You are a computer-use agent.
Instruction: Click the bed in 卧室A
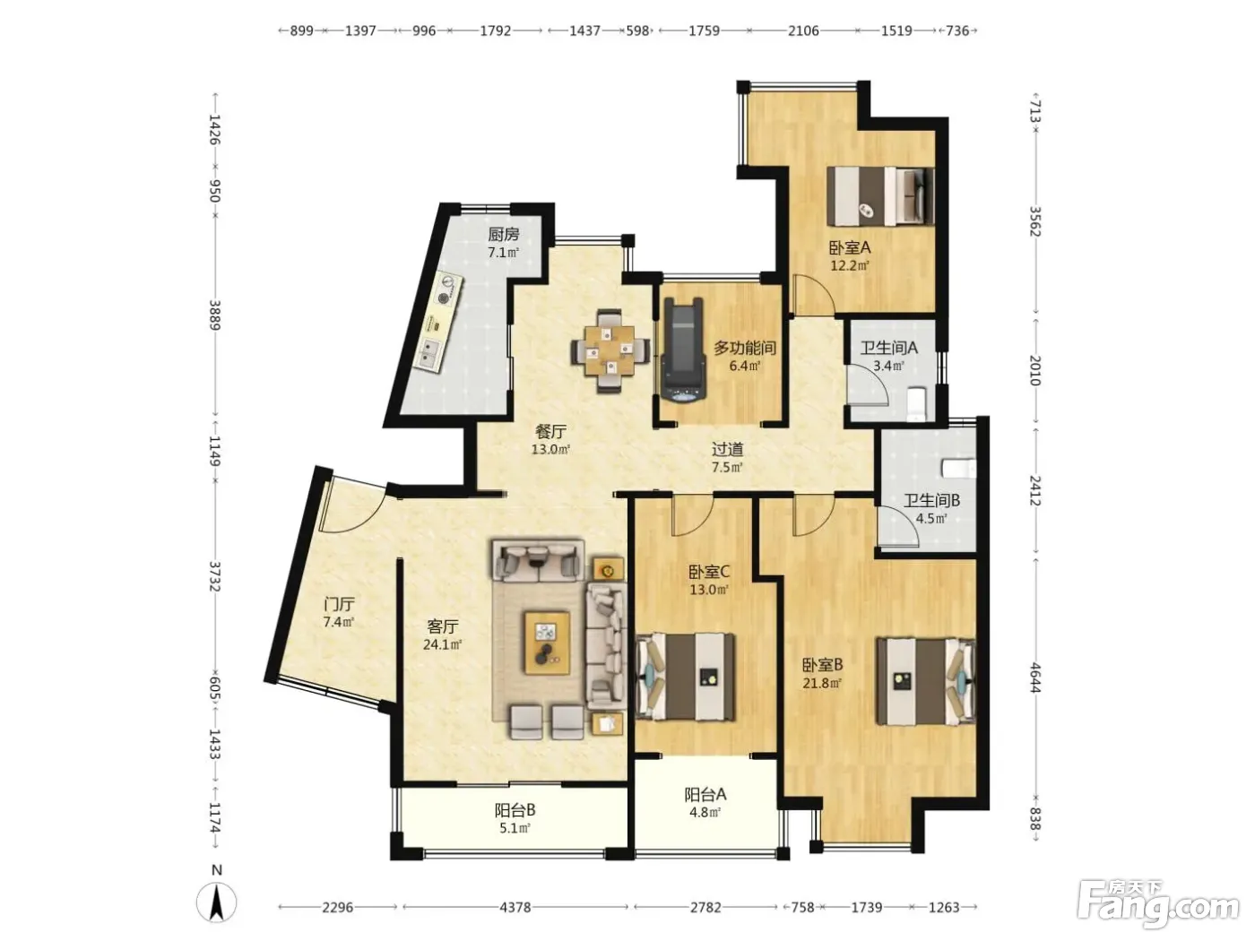880,196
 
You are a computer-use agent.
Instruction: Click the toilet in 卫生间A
916,403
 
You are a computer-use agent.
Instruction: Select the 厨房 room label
503,234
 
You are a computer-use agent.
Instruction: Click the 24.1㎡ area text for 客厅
442,645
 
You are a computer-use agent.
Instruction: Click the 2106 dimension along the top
802,30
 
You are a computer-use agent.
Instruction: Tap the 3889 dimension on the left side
214,315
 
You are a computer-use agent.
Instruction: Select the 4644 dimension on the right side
1036,678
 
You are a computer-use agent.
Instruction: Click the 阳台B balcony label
515,810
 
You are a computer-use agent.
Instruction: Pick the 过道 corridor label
727,449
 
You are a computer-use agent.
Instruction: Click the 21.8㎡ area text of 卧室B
822,683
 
